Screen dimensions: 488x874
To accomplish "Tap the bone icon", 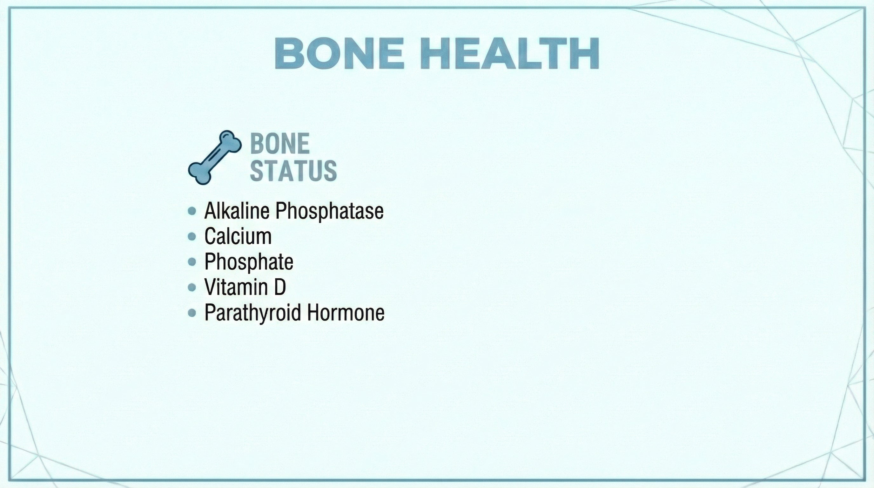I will pyautogui.click(x=215, y=158).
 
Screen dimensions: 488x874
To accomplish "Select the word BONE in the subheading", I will pyautogui.click(x=280, y=144).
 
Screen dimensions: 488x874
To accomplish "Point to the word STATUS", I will pyautogui.click(x=293, y=170).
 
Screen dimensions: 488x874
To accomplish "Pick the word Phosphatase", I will pyautogui.click(x=329, y=211).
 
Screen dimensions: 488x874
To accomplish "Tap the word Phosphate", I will pyautogui.click(x=249, y=262).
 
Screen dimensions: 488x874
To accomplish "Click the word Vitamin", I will pyautogui.click(x=236, y=287).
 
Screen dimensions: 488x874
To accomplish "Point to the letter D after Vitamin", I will pyautogui.click(x=280, y=287).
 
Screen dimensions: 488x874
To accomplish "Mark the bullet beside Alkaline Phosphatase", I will pyautogui.click(x=192, y=211).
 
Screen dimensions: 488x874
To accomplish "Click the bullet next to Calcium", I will pyautogui.click(x=192, y=237).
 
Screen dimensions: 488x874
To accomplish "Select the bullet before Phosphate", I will pyautogui.click(x=192, y=262).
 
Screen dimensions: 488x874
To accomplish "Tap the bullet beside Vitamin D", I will pyautogui.click(x=192, y=288).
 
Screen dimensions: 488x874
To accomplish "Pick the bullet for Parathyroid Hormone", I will pyautogui.click(x=192, y=313).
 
